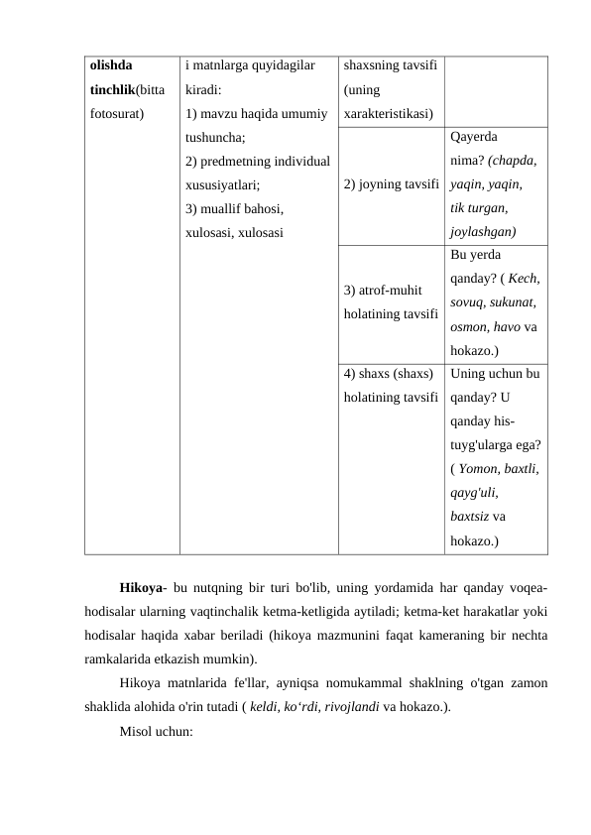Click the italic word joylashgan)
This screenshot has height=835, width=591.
coord(482,230)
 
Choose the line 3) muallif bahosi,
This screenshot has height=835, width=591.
coord(234,208)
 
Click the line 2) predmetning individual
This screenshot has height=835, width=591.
coord(251,161)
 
